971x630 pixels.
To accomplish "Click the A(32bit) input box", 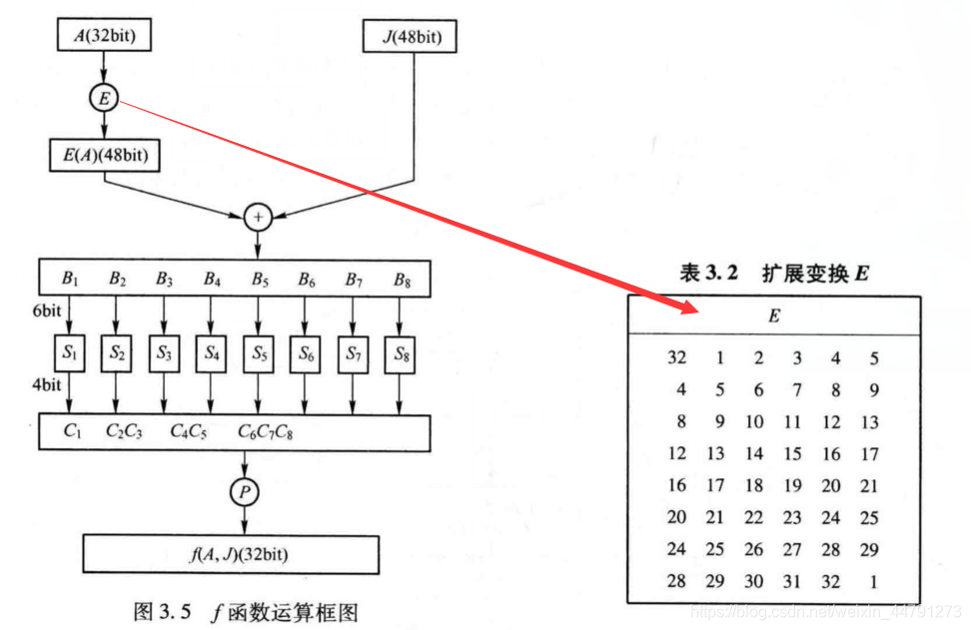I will pos(104,37).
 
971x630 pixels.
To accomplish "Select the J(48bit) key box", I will pos(408,38).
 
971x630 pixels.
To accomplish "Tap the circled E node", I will pos(104,98).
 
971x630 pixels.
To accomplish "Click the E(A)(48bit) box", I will pos(105,155).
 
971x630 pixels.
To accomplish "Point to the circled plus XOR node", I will pos(259,215).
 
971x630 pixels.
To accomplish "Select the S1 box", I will pos(68,352).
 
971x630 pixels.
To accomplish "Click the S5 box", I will pos(259,352).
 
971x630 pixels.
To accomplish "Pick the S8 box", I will pos(400,352).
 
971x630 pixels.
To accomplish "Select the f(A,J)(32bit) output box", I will pos(231,552).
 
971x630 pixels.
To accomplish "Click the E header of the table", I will pos(773,316).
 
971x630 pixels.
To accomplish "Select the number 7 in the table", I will pos(796,390).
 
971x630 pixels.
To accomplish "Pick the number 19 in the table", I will pos(792,485).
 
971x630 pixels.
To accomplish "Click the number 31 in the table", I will pos(792,580).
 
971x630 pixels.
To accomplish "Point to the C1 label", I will pos(72,431).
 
